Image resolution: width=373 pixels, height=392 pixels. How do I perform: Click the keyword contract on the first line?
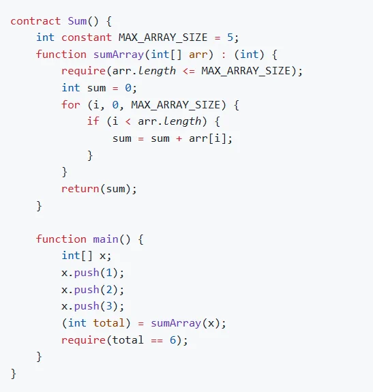pyautogui.click(x=35, y=21)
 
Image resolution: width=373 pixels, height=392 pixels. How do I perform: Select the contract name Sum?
pyautogui.click(x=77, y=21)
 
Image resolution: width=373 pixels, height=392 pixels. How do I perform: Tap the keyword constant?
pyautogui.click(x=87, y=37)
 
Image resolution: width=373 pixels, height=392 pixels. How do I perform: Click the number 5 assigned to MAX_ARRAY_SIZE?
pyautogui.click(x=230, y=37)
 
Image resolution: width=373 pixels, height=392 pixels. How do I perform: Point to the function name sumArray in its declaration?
pyautogui.click(x=119, y=55)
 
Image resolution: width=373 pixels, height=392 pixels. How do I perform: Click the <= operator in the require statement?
pyautogui.click(x=189, y=72)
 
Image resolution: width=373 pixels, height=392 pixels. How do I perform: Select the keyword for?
pyautogui.click(x=71, y=105)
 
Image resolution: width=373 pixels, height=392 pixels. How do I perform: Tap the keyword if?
pyautogui.click(x=93, y=121)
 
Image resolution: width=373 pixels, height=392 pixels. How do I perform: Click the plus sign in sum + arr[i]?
pyautogui.click(x=179, y=138)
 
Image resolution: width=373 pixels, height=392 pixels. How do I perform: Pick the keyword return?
pyautogui.click(x=80, y=189)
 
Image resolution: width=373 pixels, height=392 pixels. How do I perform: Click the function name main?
pyautogui.click(x=106, y=239)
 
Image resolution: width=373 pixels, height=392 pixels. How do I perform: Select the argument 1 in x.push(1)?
pyautogui.click(x=109, y=273)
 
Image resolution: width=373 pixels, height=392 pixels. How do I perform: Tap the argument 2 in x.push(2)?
pyautogui.click(x=109, y=290)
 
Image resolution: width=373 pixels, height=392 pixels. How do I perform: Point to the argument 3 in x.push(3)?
pyautogui.click(x=109, y=306)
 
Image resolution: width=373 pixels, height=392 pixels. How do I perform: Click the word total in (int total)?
pyautogui.click(x=108, y=323)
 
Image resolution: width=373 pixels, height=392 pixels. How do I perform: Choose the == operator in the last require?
pyautogui.click(x=157, y=340)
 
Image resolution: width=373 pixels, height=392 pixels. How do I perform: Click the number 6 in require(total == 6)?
pyautogui.click(x=173, y=340)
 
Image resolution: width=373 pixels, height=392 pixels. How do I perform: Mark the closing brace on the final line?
pyautogui.click(x=14, y=374)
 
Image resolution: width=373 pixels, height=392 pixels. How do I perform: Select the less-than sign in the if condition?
pyautogui.click(x=128, y=122)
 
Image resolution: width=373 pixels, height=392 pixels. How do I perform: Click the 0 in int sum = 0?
pyautogui.click(x=128, y=88)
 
